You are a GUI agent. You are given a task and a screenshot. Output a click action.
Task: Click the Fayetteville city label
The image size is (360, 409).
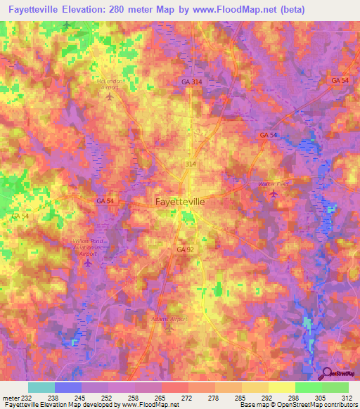(x=180, y=201)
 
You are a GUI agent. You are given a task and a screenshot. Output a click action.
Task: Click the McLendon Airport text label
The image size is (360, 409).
(x=109, y=84)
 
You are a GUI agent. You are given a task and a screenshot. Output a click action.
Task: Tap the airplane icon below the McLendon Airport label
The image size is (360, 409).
(x=109, y=97)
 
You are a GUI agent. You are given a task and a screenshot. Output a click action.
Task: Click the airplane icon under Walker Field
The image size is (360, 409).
(x=273, y=194)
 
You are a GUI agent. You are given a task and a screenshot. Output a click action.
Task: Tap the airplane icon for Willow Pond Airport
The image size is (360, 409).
(x=88, y=264)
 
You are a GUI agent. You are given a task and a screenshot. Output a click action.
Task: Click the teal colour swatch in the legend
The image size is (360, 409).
(x=41, y=387)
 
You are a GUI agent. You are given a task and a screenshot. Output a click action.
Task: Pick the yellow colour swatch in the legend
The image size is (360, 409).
(x=282, y=387)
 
